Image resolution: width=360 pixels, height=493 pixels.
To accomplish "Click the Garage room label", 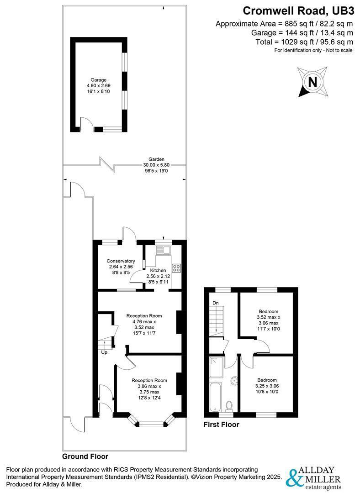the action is (99, 80).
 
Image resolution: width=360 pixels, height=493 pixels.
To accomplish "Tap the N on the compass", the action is (312, 82).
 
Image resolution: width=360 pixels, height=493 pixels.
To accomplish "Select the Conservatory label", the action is (121, 261).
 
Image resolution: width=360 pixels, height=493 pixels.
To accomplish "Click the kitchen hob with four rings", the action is (176, 268).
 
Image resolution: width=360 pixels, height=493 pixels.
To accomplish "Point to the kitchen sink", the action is (163, 250).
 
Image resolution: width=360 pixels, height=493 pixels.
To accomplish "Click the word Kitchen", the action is (158, 270).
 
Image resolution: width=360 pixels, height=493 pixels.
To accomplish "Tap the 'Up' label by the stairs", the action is (104, 352).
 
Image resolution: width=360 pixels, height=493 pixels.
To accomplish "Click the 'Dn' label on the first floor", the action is (216, 303).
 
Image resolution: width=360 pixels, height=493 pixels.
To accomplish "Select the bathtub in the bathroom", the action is (216, 397).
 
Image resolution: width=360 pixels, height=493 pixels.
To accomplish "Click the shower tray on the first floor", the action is (216, 367).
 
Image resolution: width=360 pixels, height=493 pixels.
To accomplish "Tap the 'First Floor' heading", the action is (221, 425).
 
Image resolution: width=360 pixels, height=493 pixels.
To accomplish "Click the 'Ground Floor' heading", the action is (85, 456).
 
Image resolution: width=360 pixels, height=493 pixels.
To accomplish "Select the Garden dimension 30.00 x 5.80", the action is (156, 165).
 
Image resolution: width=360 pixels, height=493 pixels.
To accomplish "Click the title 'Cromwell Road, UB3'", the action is (298, 10).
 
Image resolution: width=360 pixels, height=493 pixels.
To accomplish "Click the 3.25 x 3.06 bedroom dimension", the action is (267, 386).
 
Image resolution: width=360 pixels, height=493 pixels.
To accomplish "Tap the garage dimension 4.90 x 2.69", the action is (99, 85).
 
